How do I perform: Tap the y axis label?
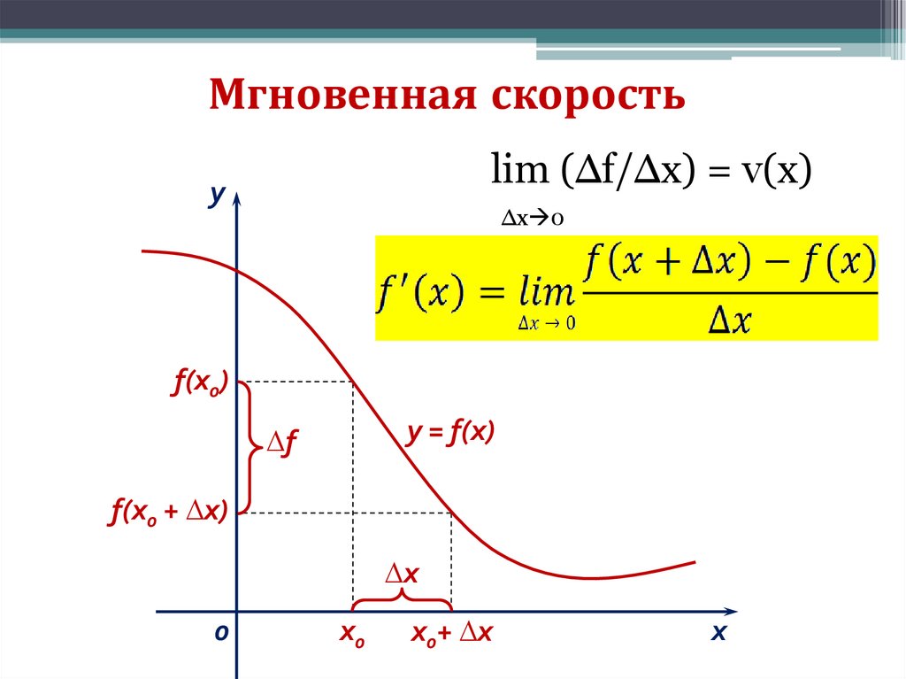click(213, 196)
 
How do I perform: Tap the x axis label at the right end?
click(718, 633)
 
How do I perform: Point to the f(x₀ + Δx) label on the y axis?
click(168, 513)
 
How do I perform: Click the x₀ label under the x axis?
click(352, 634)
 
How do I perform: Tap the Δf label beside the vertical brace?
click(282, 444)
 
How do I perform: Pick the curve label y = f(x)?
click(450, 434)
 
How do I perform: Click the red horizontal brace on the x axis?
click(403, 601)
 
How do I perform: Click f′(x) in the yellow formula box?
click(421, 289)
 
